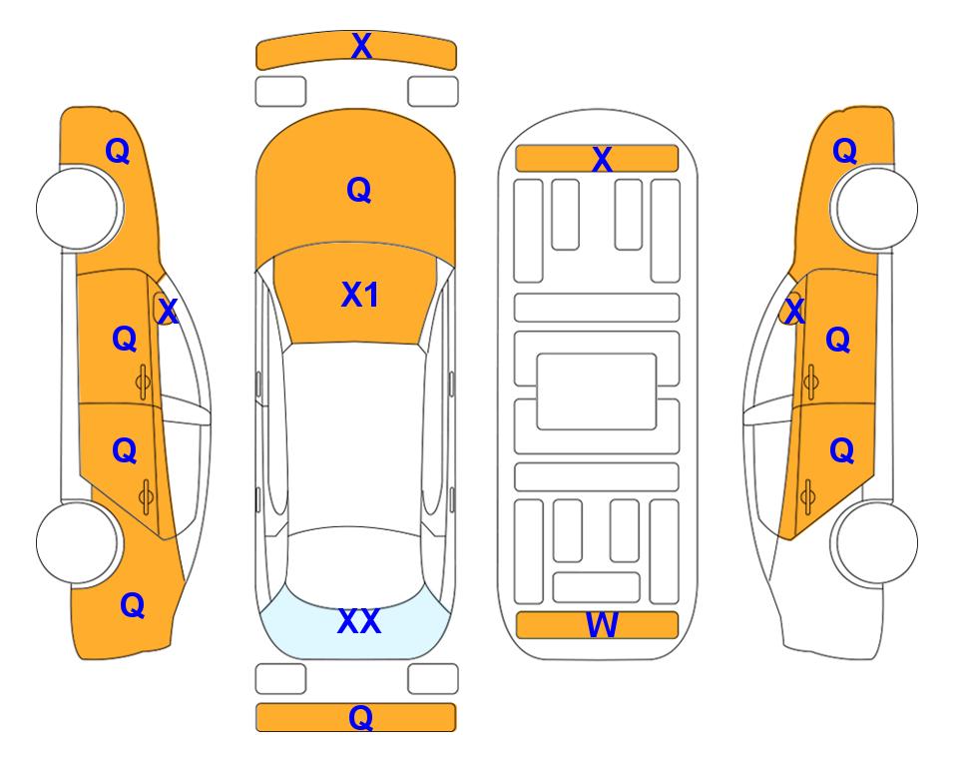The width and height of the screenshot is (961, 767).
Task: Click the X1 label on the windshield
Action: [x=360, y=295]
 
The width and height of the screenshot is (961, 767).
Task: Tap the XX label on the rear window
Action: [x=359, y=621]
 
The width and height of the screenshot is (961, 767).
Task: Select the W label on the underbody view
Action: [x=602, y=625]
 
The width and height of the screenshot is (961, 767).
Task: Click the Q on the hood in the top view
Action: [x=359, y=190]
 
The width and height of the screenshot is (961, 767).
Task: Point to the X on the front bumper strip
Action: [x=361, y=46]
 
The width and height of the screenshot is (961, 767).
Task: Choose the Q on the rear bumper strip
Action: [x=361, y=717]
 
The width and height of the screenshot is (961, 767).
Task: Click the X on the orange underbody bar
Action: [x=602, y=160]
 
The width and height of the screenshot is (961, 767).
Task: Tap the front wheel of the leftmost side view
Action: [x=78, y=208]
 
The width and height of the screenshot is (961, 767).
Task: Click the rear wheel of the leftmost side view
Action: [x=78, y=542]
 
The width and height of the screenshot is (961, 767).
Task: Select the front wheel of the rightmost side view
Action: [x=876, y=208]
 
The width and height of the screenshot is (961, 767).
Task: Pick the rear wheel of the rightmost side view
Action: [x=876, y=542]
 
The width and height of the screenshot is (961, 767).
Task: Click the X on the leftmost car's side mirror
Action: [x=167, y=311]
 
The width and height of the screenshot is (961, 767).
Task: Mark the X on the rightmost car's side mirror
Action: [x=794, y=311]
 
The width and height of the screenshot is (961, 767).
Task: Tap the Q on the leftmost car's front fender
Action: [x=118, y=151]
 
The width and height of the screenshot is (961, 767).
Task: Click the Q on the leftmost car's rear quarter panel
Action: [x=133, y=605]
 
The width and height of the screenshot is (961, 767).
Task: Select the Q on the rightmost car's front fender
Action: [x=844, y=151]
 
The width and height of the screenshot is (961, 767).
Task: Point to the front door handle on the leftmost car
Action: [x=144, y=382]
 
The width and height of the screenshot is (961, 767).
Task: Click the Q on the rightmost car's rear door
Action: [x=842, y=451]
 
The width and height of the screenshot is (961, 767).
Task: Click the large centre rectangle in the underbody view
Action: [x=597, y=391]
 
